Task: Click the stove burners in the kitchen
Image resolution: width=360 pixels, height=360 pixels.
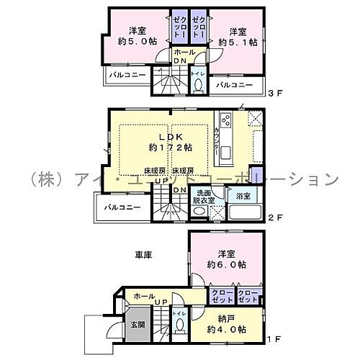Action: pos(225,120)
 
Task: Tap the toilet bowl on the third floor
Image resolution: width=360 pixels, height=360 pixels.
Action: pos(199,86)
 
